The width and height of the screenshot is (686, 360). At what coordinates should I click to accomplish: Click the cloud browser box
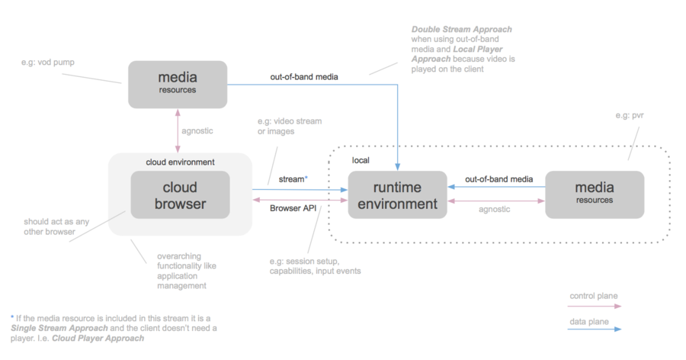pyautogui.click(x=180, y=196)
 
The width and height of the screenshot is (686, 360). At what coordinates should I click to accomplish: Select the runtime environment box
pyautogui.click(x=397, y=195)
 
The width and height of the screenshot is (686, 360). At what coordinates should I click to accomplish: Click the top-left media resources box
pyautogui.click(x=177, y=84)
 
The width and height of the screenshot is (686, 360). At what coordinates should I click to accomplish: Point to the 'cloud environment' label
pyautogui.click(x=181, y=162)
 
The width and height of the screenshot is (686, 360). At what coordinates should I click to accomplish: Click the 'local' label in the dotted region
pyautogui.click(x=361, y=161)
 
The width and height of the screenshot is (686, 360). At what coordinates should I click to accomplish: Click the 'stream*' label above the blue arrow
pyautogui.click(x=293, y=178)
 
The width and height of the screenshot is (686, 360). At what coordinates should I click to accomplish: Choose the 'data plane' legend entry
pyautogui.click(x=590, y=322)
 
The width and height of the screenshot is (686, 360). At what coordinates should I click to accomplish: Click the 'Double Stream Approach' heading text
pyautogui.click(x=462, y=30)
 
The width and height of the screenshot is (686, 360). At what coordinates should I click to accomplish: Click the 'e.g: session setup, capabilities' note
pyautogui.click(x=314, y=265)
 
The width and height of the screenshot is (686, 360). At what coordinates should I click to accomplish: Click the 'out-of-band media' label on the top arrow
pyautogui.click(x=304, y=77)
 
